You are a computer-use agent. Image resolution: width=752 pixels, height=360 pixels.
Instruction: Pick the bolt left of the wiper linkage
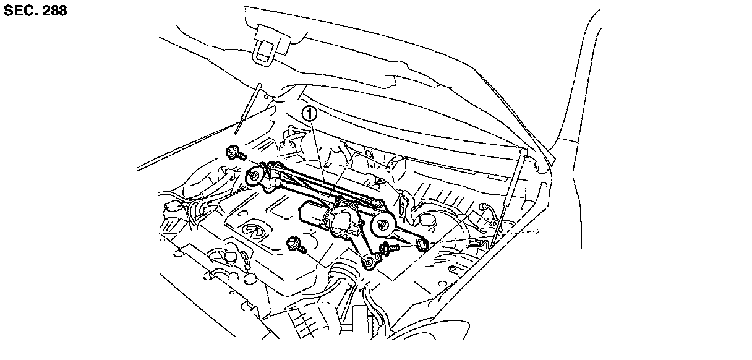(234, 152)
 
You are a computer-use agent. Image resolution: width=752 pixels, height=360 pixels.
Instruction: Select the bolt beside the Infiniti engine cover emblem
(296, 244)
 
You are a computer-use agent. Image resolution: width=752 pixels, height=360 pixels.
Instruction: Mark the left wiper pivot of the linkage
(255, 177)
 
